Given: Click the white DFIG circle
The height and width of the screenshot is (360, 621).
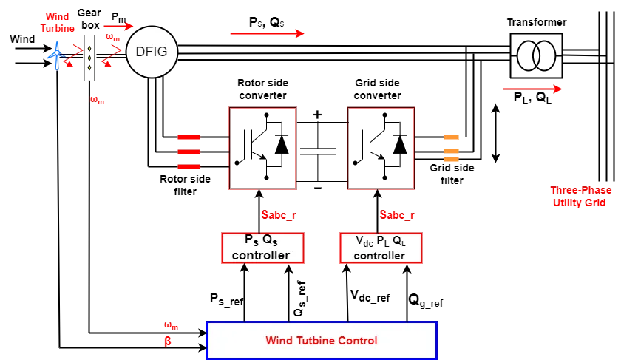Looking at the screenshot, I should point(152,52).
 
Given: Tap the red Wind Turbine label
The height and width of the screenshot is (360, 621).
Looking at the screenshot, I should point(58,22).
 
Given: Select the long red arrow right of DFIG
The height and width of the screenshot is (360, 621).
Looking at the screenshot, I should point(266,33).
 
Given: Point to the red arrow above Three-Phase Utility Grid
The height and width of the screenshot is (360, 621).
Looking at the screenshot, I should point(533,89).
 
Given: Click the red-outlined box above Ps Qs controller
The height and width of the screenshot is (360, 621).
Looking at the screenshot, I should point(262,151).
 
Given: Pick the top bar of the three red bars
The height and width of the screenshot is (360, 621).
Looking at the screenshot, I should point(189,137).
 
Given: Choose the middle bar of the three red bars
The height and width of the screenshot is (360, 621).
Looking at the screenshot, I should point(189,152).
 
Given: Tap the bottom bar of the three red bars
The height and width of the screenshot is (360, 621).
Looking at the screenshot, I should point(189,167).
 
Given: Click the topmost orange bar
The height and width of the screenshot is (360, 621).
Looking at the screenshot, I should point(452,137).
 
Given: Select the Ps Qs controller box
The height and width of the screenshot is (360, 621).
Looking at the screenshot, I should point(262,248).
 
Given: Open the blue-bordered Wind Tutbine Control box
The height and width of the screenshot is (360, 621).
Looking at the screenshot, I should point(322,340).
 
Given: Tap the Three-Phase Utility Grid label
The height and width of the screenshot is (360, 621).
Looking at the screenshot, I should point(582,196).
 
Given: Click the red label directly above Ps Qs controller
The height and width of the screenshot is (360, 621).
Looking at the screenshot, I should point(278,215).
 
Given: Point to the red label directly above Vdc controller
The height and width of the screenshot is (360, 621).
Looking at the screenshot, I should point(396,215).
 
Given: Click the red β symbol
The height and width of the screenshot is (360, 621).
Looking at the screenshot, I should point(168,342).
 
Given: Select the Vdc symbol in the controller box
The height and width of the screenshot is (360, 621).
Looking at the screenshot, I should point(364,241).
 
